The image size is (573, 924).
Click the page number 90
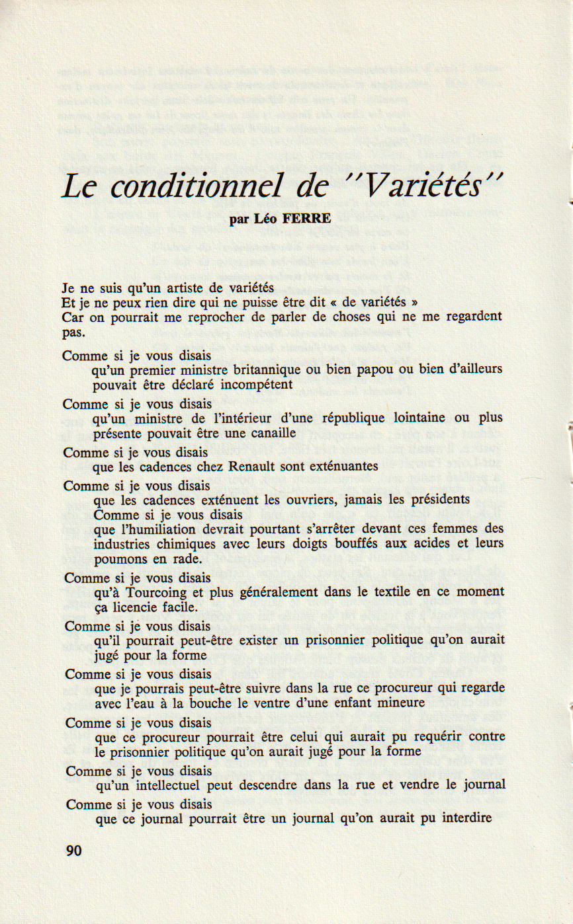tap(74, 851)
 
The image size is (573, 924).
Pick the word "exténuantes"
tap(341, 466)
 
